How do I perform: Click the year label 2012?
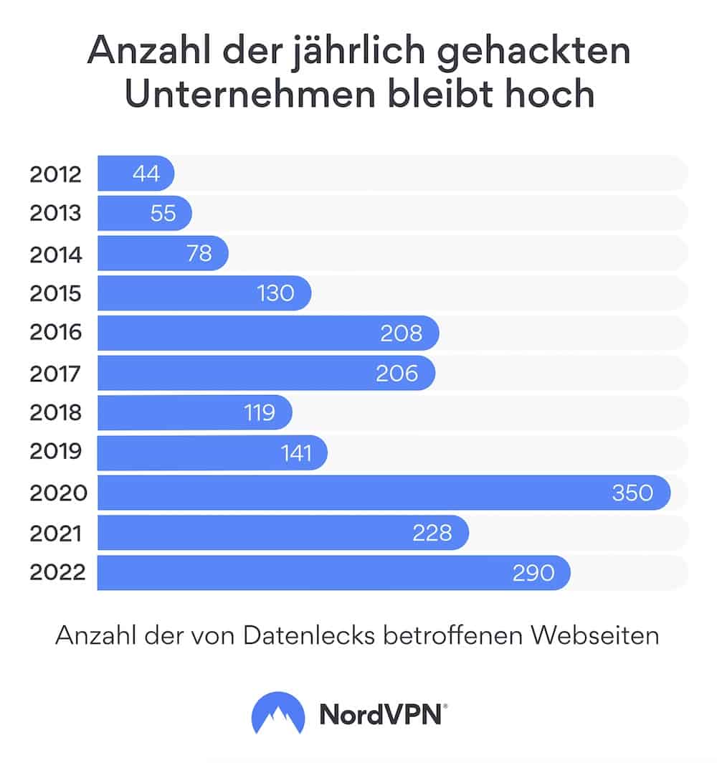56,174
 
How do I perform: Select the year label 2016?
56,333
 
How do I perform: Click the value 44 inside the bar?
146,174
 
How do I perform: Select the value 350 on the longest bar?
632,493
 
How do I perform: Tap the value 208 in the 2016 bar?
401,333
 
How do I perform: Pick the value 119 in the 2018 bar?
259,413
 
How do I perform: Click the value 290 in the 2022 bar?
533,572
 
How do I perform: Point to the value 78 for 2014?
199,254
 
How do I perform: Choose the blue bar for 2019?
194,453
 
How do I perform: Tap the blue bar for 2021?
251,533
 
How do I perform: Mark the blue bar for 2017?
237,373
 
